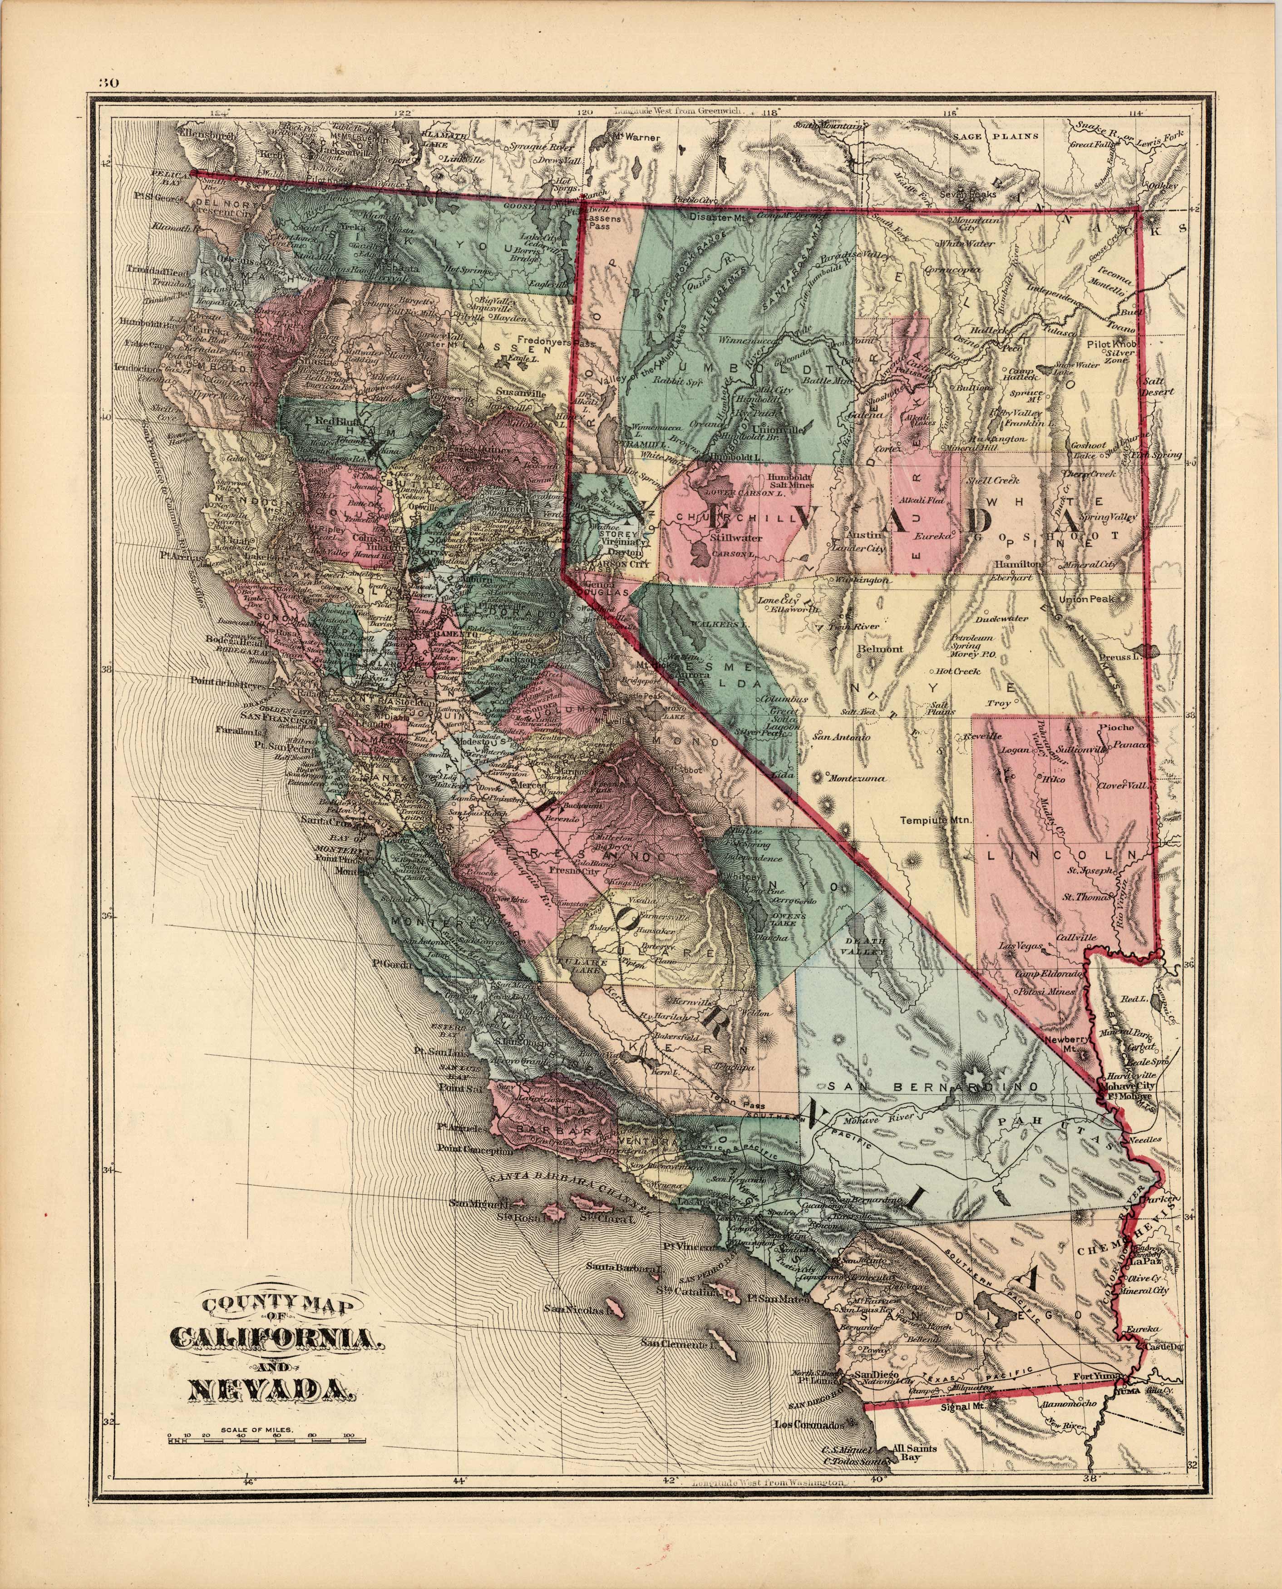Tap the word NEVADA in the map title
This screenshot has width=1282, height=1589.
click(264, 1390)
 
